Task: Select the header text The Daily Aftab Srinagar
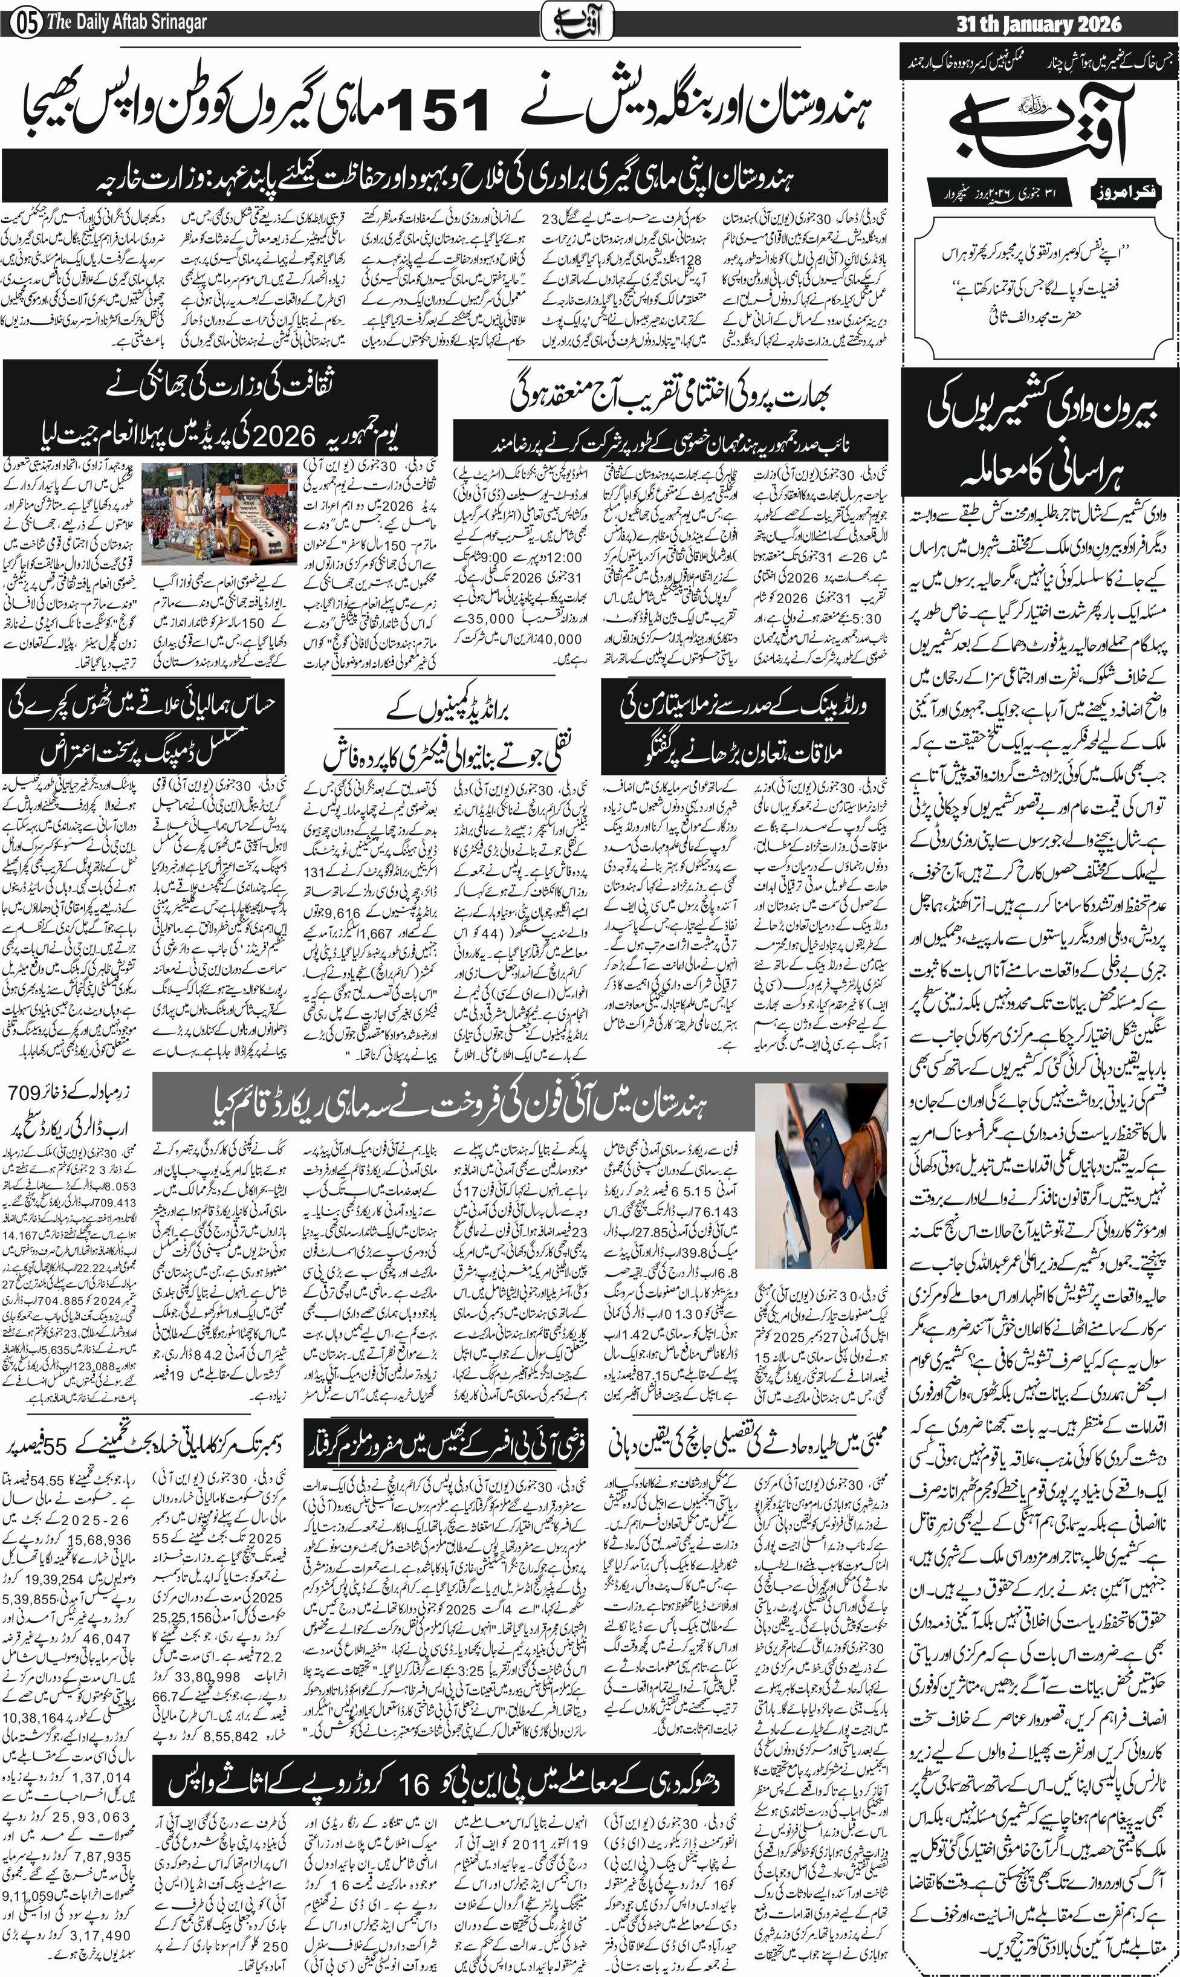[x=127, y=23]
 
